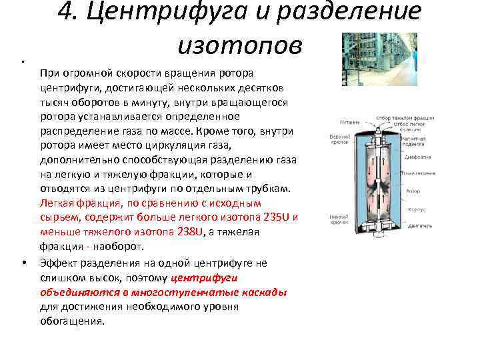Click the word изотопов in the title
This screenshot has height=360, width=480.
point(240,45)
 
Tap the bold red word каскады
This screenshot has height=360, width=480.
point(266,292)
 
